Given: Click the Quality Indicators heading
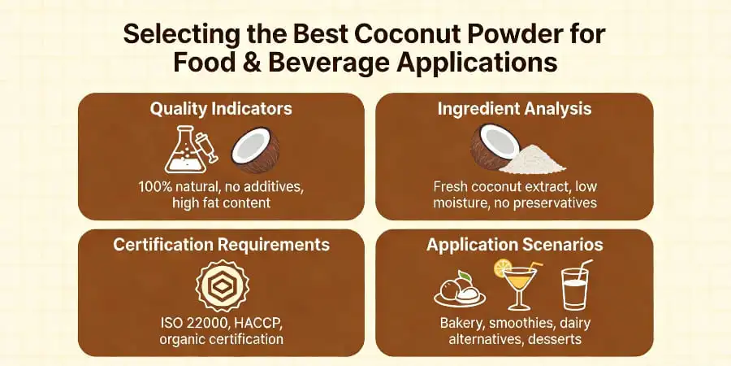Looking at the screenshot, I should click(221, 108).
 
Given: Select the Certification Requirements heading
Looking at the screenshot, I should click(221, 245).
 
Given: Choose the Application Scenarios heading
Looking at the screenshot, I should click(514, 245).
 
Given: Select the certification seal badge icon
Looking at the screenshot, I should click(222, 286).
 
